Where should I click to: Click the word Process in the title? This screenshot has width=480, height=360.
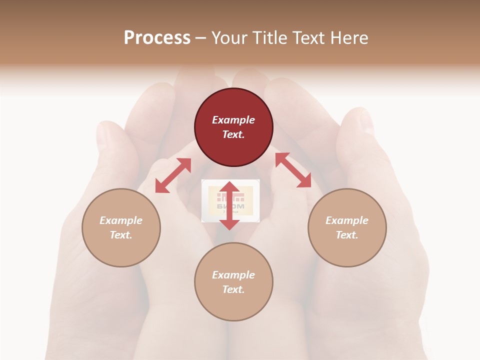pyautogui.click(x=157, y=38)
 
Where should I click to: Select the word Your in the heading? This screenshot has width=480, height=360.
pyautogui.click(x=229, y=38)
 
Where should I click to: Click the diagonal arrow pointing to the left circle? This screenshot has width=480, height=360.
pyautogui.click(x=173, y=175)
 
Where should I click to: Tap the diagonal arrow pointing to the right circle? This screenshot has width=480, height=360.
pyautogui.click(x=293, y=170)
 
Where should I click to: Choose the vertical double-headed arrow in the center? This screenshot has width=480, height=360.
pyautogui.click(x=229, y=205)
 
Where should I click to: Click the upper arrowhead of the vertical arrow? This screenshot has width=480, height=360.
pyautogui.click(x=229, y=187)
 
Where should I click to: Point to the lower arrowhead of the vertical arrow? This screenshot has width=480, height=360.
pyautogui.click(x=229, y=224)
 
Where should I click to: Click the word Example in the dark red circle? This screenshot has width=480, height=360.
pyautogui.click(x=233, y=120)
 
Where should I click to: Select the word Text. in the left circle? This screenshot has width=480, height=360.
pyautogui.click(x=121, y=235)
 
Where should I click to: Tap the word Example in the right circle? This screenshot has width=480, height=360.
pyautogui.click(x=347, y=220)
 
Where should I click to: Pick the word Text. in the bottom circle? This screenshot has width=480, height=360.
pyautogui.click(x=233, y=289)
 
